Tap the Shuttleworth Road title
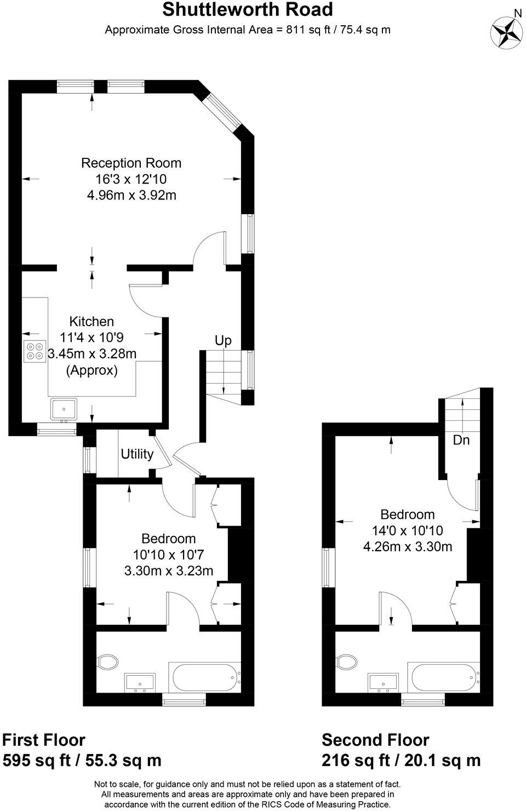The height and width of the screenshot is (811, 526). click(247, 10)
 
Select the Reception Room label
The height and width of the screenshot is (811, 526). click(131, 163)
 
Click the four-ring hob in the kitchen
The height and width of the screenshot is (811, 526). click(35, 351)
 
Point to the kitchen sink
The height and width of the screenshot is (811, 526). click(65, 409)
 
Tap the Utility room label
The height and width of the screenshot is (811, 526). click(137, 454)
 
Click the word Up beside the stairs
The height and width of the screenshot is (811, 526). click(223, 340)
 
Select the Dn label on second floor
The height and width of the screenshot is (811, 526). click(461, 439)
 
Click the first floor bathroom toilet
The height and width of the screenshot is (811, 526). click(107, 662)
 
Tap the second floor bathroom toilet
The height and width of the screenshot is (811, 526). click(347, 661)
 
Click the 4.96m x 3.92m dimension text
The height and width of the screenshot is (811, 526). click(131, 195)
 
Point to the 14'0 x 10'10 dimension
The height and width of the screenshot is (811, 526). click(407, 530)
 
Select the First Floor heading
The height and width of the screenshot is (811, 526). click(44, 740)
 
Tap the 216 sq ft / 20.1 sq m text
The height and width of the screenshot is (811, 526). click(401, 760)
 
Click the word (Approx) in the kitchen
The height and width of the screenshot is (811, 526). click(92, 370)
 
